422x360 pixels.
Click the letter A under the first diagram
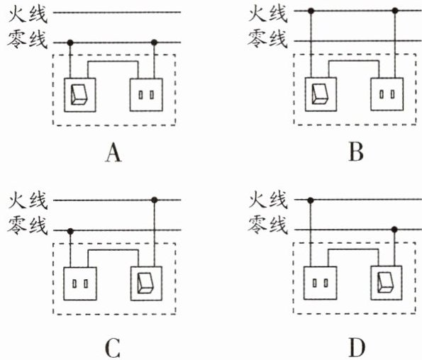[113, 152]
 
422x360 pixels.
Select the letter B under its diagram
[356, 152]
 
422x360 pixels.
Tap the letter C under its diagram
[112, 348]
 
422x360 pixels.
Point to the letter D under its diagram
[357, 347]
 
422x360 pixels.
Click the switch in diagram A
[80, 95]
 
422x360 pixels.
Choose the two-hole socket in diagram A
[146, 95]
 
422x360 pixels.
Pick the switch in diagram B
[321, 94]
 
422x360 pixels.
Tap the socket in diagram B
[387, 94]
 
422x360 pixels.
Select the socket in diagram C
[80, 283]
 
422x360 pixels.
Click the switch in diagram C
[146, 283]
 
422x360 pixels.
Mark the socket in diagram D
[321, 283]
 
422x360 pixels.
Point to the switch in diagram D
[387, 283]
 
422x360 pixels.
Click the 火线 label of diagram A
[28, 14]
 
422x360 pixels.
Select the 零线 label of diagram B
[267, 39]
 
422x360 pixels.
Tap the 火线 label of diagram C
[28, 201]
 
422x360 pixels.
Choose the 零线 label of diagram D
[267, 225]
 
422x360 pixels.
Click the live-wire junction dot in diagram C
[154, 200]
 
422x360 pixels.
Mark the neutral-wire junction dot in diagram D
[394, 230]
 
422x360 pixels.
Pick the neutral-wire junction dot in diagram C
[70, 231]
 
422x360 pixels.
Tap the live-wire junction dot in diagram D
[311, 200]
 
